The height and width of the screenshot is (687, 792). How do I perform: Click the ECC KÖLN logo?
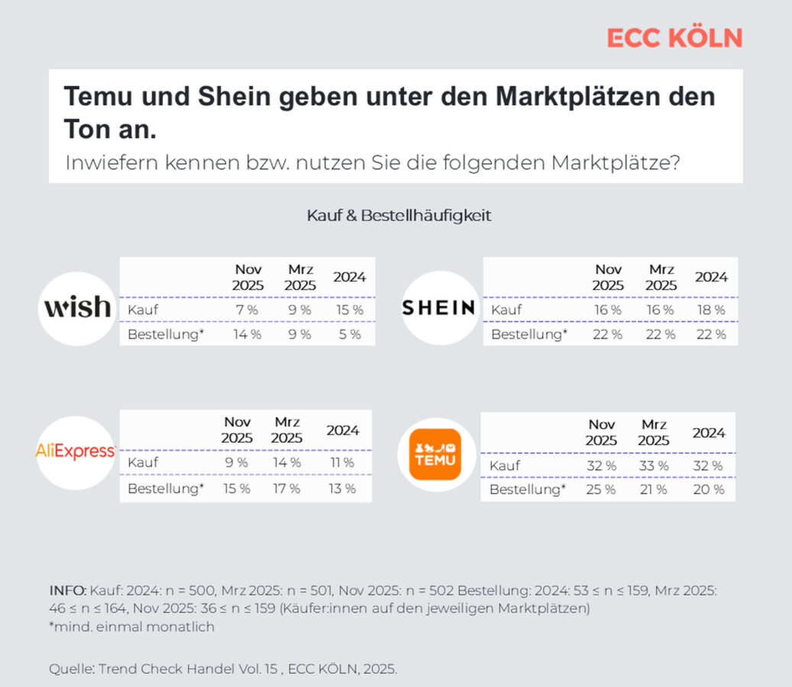[x=674, y=37]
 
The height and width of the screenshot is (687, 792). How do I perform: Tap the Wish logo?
[x=77, y=308]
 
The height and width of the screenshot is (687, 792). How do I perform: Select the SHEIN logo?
[x=438, y=308]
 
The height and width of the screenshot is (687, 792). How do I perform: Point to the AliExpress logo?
[x=76, y=451]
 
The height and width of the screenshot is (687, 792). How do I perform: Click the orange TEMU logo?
[x=435, y=453]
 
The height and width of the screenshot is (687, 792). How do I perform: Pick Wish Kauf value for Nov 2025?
[x=247, y=310]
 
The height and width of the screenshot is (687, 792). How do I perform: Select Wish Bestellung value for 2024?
[x=350, y=334]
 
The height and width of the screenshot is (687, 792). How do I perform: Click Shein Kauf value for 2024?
[x=711, y=310]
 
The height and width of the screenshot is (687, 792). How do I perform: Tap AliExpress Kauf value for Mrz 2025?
[x=287, y=463]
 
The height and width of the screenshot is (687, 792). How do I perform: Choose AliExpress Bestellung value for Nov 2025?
[x=237, y=489]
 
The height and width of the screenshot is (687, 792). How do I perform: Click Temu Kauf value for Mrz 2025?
[x=654, y=466]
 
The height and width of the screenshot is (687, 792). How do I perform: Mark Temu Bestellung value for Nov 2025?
[x=600, y=489]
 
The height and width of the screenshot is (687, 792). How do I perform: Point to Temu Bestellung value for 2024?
[x=709, y=489]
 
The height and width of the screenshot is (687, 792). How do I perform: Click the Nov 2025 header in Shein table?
[x=608, y=277]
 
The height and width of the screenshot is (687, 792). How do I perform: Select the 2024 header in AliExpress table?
[x=342, y=430]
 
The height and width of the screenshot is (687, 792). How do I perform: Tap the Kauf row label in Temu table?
[x=505, y=466]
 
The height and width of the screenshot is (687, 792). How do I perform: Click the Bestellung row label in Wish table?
[x=166, y=334]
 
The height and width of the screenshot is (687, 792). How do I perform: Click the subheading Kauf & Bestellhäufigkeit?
[x=399, y=215]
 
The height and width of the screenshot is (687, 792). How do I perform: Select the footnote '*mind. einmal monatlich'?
[x=132, y=627]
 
